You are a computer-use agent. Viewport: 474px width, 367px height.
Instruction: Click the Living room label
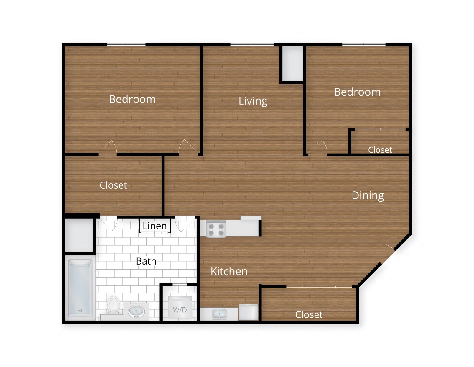click(x=253, y=101)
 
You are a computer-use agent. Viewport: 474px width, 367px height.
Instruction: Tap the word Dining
click(x=368, y=196)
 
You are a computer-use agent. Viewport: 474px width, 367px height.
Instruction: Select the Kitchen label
click(x=229, y=272)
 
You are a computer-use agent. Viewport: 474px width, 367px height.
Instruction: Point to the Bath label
click(x=146, y=261)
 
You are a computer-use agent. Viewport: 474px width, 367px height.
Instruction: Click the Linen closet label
click(x=155, y=226)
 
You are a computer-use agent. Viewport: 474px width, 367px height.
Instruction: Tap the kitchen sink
click(x=219, y=314)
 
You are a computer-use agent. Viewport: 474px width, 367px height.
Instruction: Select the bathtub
click(x=80, y=288)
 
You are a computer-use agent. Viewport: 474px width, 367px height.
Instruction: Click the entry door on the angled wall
click(x=386, y=253)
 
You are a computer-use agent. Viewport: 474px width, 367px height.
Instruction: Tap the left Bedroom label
click(x=132, y=100)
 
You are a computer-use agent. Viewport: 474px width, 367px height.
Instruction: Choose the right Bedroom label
click(x=357, y=92)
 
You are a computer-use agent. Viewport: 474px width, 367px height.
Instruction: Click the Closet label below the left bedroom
click(x=113, y=185)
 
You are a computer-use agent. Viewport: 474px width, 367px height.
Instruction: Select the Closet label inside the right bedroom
click(x=380, y=150)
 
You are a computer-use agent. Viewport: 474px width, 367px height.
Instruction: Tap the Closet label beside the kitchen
click(x=309, y=315)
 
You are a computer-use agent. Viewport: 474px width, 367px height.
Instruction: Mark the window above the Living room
click(x=252, y=45)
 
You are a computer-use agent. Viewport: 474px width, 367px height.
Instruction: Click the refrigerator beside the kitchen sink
click(x=248, y=312)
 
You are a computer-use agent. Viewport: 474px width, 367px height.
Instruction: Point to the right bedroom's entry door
click(x=318, y=148)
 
